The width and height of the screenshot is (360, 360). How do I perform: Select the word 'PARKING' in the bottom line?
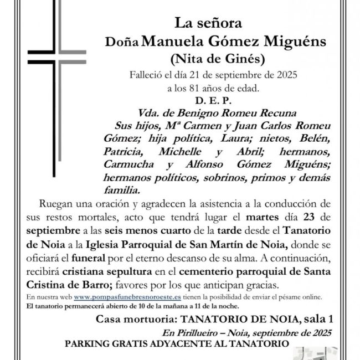[89, 343]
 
